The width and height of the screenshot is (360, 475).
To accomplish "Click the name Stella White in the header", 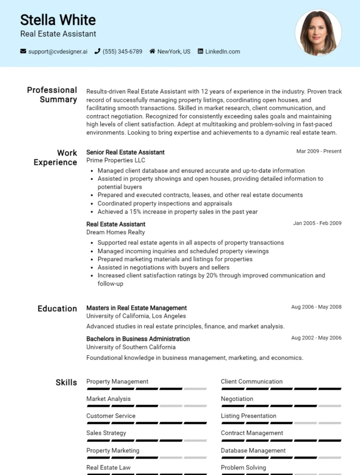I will tap(58, 20).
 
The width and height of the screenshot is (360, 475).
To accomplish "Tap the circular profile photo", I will tap(318, 33).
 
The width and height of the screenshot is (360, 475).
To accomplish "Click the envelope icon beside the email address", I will tap(23, 52).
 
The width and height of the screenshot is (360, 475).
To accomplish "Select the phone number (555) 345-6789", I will tap(122, 52).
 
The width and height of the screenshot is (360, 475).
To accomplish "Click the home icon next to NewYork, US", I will tap(152, 52).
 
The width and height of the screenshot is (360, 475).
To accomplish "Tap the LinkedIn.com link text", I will tap(222, 52).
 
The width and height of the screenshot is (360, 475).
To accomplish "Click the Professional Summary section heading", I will tap(52, 95).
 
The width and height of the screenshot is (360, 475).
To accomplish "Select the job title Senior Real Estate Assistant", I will tap(125, 152).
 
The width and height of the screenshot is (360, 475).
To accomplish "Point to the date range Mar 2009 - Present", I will tap(319, 151).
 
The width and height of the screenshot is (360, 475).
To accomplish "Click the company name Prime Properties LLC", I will tap(116, 160).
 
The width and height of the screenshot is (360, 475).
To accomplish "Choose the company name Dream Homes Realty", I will tap(115, 232).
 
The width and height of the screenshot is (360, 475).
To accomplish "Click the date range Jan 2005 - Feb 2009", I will tap(317, 223).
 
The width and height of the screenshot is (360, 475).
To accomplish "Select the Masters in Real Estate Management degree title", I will tap(136, 308).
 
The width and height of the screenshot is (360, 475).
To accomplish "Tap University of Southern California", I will tap(131, 347).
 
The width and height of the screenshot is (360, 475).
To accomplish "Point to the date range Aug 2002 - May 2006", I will tap(316, 338).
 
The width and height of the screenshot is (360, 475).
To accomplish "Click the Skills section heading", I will tap(66, 382).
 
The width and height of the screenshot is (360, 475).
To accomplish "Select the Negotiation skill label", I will tap(237, 399).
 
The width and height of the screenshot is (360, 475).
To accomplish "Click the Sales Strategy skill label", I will tap(106, 433).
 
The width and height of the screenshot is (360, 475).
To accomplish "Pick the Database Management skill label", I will tap(253, 450).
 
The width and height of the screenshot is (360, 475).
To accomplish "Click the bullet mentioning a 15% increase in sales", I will tap(177, 212).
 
